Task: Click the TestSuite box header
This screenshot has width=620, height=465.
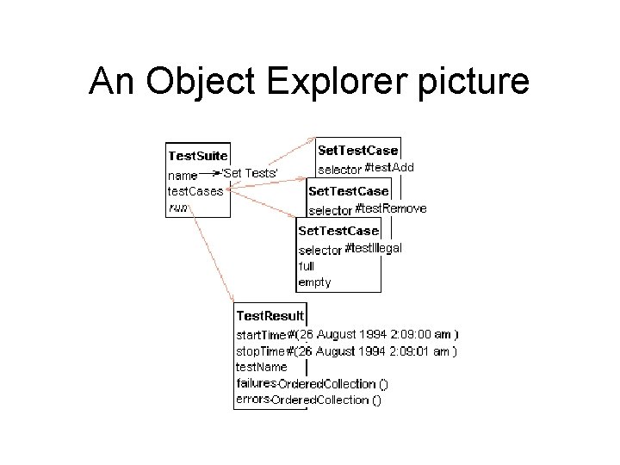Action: [x=197, y=156]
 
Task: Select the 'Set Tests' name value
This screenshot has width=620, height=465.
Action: [x=251, y=173]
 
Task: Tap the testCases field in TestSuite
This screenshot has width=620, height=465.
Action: [x=195, y=190]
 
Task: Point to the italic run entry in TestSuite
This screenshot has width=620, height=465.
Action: [x=177, y=207]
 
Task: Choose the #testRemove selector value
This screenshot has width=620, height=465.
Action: [x=390, y=208]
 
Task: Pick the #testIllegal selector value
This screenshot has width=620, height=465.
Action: [x=373, y=249]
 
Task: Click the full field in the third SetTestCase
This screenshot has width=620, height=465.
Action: [x=307, y=266]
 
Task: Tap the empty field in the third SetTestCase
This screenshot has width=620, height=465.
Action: [x=314, y=282]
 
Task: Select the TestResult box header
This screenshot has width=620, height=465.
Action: [x=270, y=317]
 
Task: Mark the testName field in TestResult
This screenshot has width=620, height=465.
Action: [x=262, y=367]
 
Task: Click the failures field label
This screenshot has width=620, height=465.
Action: [x=256, y=383]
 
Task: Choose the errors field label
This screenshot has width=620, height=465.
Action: [x=253, y=400]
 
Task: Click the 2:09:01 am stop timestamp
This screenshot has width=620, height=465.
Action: [x=425, y=350]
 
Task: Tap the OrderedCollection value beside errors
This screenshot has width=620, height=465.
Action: [x=327, y=400]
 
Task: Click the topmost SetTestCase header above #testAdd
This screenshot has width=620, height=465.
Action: [x=358, y=151]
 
